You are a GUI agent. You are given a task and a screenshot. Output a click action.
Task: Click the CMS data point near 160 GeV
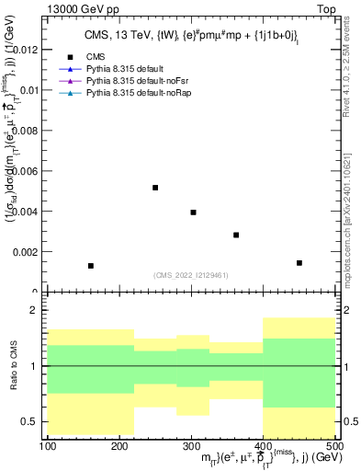pos(91,266)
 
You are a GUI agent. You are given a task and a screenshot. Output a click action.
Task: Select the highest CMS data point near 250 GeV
pos(155,188)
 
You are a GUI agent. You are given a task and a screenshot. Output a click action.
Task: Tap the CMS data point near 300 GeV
pos(193,213)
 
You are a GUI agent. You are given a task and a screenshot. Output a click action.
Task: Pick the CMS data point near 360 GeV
pos(236,235)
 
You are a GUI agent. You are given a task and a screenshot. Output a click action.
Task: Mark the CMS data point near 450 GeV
pos(299,263)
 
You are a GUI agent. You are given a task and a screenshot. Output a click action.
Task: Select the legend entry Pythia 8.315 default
pos(137,69)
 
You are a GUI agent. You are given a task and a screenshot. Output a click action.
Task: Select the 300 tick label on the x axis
pos(191,446)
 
